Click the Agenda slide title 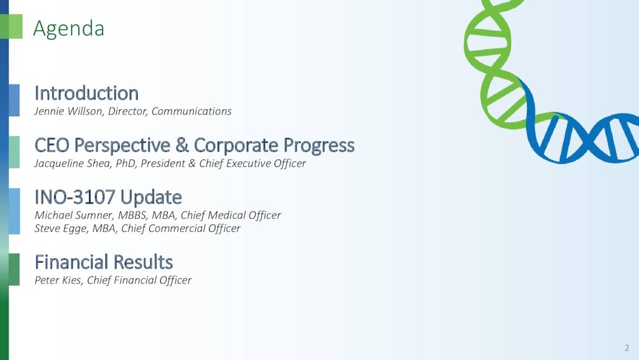[69, 28]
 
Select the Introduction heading [86, 93]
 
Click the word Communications [191, 111]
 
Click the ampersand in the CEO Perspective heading [182, 145]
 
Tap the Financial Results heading [104, 262]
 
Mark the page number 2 [627, 348]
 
